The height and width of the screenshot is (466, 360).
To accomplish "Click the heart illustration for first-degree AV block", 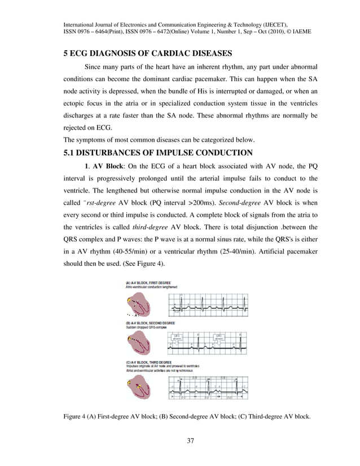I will click(x=138, y=306).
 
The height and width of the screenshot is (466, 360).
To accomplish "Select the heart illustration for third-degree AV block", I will click(x=138, y=386).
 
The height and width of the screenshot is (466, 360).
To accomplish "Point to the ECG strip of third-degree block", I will click(x=208, y=387).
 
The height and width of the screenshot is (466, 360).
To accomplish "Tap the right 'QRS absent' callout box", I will click(x=218, y=337).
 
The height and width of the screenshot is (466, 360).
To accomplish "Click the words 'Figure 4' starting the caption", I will click(x=76, y=416).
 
